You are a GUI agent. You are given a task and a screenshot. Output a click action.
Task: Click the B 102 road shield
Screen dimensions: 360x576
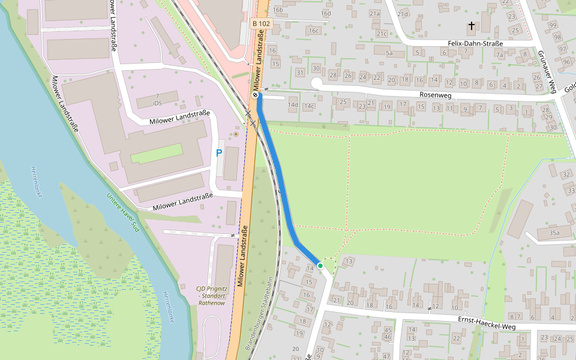[260, 23]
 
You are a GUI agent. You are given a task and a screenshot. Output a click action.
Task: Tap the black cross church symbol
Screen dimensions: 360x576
[472, 26]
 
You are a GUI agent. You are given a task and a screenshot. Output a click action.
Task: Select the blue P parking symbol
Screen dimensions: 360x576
[219, 154]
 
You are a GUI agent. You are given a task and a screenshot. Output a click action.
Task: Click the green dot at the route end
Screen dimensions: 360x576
[320, 265]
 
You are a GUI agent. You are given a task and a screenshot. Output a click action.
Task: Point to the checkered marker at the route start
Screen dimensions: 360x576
[256, 94]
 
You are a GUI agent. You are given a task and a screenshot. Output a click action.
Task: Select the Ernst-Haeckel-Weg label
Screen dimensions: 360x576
[487, 322]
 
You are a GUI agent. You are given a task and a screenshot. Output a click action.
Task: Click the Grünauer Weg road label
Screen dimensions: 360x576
[547, 73]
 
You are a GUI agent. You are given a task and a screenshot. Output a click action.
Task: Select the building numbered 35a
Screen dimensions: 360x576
[554, 233]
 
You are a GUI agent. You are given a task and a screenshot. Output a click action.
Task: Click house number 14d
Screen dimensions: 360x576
[292, 106]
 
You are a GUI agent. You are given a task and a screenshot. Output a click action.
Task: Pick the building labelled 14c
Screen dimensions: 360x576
[308, 106]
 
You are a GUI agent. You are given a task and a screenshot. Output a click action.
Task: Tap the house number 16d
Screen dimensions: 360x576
[326, 13]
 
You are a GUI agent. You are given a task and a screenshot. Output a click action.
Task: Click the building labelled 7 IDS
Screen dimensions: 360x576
[157, 100]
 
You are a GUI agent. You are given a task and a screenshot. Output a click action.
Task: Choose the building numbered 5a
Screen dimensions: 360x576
[389, 53]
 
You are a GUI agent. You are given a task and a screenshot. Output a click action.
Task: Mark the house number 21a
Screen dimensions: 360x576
[375, 13]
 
